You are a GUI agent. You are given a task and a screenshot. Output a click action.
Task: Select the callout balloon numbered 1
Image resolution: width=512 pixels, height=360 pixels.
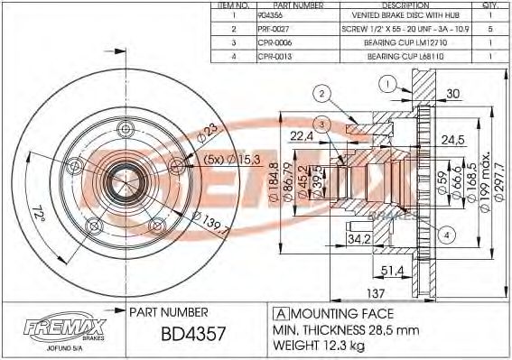(x=386, y=85)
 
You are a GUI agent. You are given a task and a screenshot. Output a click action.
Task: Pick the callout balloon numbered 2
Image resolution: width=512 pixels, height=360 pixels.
(x=321, y=92)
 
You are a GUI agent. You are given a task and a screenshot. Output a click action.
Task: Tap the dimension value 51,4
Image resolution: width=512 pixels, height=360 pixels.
(x=392, y=270)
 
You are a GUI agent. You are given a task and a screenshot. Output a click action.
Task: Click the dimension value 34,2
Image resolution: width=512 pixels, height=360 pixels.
(x=360, y=238)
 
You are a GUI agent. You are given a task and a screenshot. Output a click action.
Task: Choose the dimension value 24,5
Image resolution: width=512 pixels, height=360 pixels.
(x=451, y=140)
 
